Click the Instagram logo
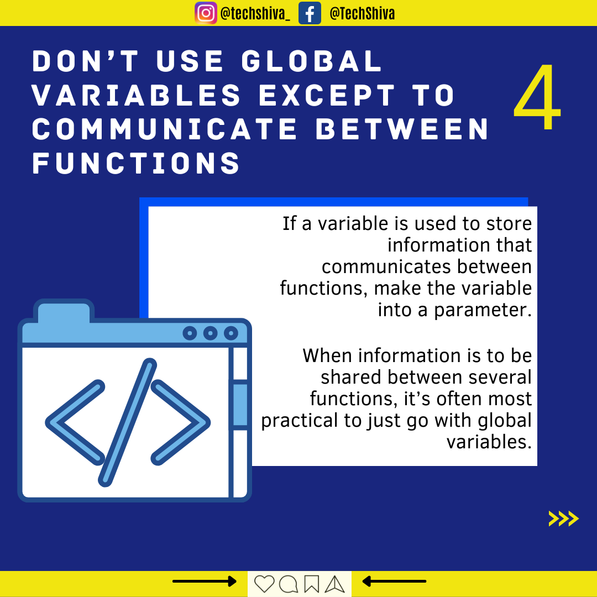(206, 13)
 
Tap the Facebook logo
(310, 13)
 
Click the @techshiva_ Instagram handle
(255, 14)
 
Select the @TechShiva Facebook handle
(362, 14)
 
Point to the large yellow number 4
(537, 97)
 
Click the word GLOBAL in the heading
(312, 61)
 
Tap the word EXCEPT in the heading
(327, 95)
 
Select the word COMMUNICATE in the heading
(165, 129)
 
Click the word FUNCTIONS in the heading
(136, 163)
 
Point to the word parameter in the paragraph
(483, 310)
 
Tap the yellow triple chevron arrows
(563, 519)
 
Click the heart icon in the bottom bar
(264, 584)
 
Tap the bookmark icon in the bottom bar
(311, 584)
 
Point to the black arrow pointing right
(205, 582)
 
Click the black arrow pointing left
(394, 582)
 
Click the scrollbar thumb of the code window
(240, 405)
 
